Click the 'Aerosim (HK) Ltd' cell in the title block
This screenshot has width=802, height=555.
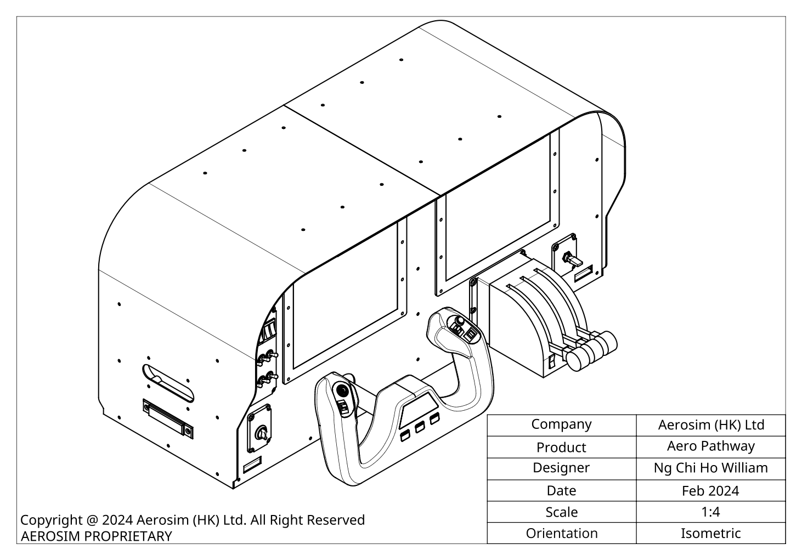tap(710, 425)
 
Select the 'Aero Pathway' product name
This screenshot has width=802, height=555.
tap(710, 446)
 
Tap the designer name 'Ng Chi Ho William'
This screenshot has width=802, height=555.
tap(710, 468)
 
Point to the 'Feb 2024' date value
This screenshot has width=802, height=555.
tap(710, 490)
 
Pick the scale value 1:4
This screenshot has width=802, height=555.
tap(710, 512)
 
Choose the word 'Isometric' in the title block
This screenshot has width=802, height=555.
tap(710, 533)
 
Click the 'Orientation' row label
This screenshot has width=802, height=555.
tap(561, 533)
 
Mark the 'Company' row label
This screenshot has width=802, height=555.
tap(561, 424)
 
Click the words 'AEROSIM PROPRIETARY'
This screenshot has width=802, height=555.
tap(96, 536)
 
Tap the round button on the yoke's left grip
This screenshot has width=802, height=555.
tap(342, 392)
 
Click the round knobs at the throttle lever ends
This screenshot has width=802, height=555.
tap(591, 349)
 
